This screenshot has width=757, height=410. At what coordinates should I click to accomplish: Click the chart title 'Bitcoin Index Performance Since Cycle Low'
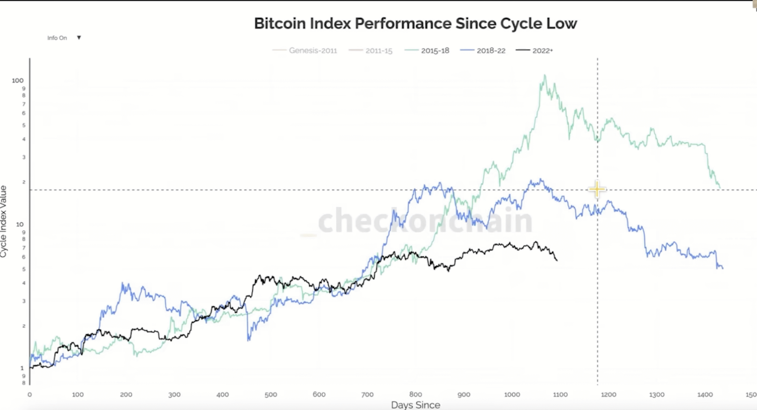coord(415,24)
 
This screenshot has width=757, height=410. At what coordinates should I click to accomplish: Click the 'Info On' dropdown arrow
coord(79,38)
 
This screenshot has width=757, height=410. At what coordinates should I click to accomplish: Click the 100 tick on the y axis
coord(18,80)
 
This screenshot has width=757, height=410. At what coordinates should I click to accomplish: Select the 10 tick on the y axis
coord(20,224)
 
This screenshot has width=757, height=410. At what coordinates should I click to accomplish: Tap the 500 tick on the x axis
coord(271,395)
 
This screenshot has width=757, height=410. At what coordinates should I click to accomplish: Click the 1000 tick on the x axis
coord(512,395)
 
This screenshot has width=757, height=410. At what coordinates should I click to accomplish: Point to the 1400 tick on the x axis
coord(705,395)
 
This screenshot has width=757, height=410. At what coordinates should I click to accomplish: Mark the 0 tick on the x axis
coord(30,395)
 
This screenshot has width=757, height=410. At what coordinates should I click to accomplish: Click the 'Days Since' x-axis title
coord(415,405)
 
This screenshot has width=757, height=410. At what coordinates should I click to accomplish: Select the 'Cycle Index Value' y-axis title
coord(4,221)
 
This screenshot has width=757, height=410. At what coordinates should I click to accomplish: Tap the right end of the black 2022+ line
coord(557,260)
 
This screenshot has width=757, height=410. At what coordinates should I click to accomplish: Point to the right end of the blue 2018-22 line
coord(723,268)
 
